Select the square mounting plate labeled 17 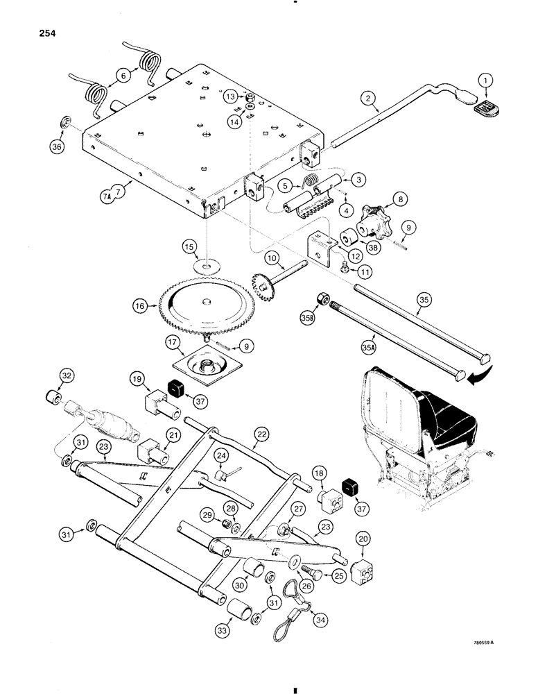tap(209, 369)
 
